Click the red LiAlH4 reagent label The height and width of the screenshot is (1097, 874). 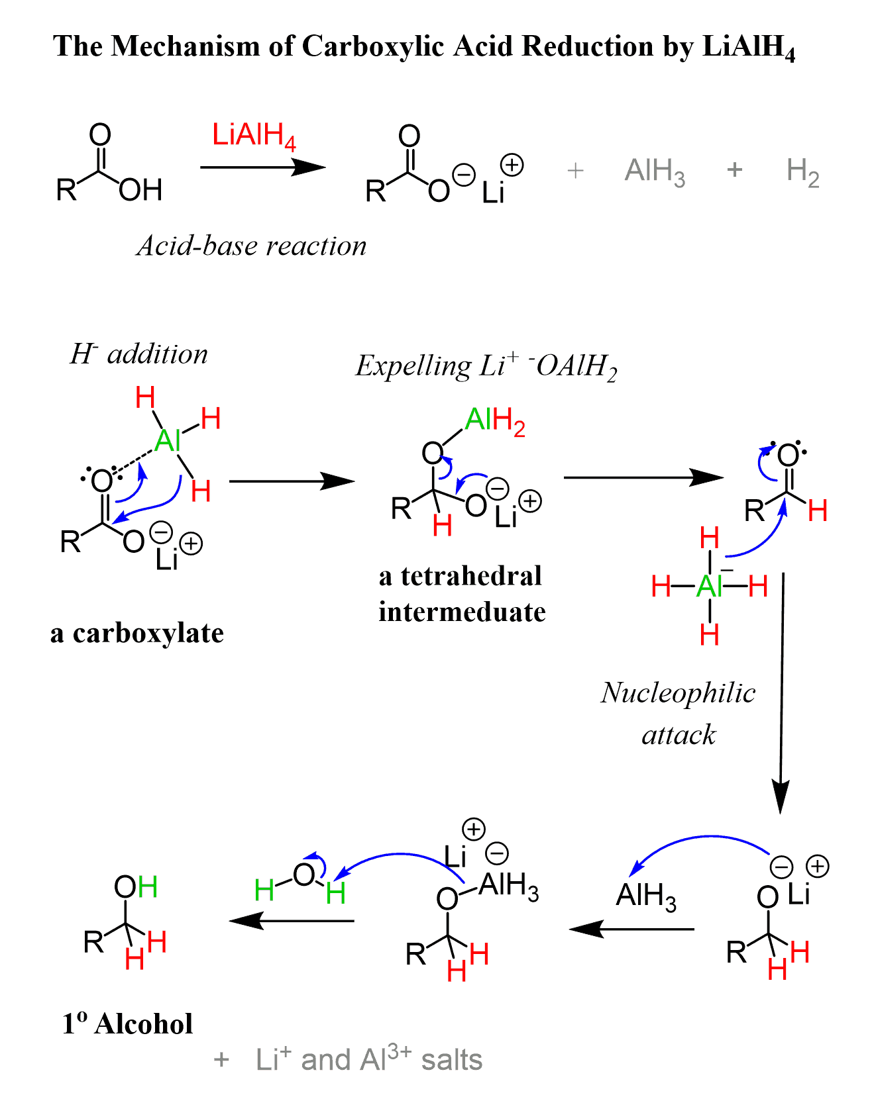253,136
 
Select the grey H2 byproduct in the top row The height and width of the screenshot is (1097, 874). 802,172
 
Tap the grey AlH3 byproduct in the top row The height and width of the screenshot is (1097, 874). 654,172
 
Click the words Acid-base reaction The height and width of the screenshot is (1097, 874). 251,246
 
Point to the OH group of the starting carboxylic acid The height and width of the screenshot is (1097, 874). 140,191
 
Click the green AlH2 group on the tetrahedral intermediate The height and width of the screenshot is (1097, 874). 495,420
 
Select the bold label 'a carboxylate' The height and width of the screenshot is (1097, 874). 137,634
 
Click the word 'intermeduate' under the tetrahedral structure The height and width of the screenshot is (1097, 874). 462,612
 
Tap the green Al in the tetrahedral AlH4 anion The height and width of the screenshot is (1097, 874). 708,587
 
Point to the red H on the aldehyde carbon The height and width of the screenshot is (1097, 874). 818,511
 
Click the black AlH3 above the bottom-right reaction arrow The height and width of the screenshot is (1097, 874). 646,896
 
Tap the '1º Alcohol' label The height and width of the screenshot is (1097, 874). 127,1024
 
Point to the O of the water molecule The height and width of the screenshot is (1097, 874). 303,875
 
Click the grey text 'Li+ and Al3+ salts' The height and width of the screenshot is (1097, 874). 368,1059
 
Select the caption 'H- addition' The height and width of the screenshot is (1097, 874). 138,355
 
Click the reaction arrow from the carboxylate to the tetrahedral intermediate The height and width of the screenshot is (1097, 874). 292,481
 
